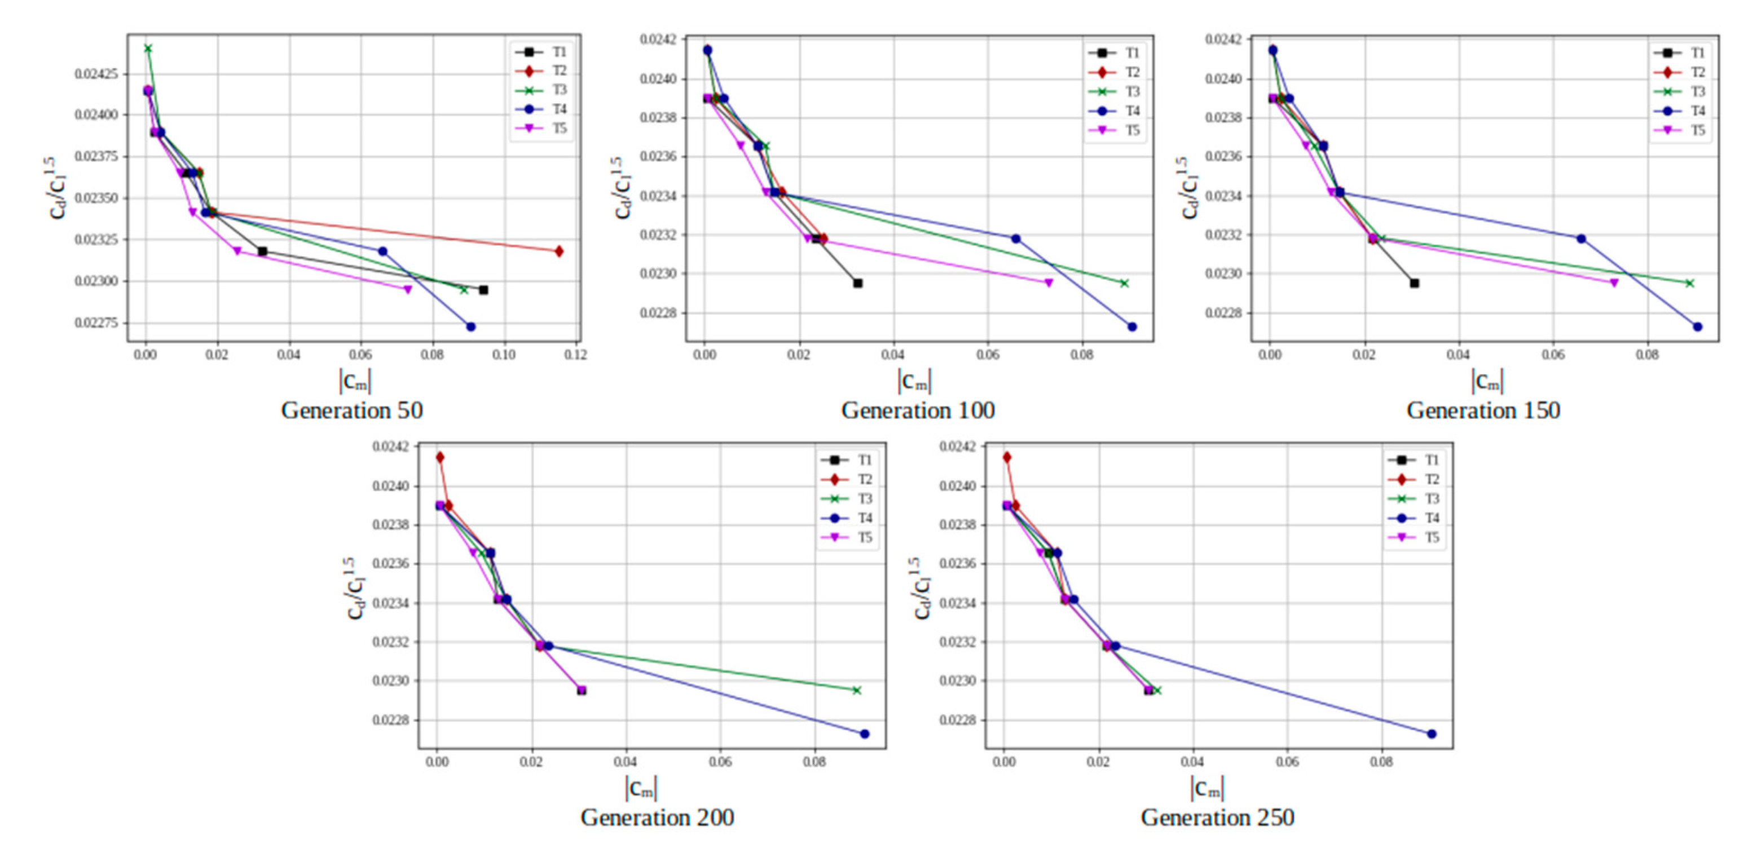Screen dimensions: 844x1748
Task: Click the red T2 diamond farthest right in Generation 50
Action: [559, 251]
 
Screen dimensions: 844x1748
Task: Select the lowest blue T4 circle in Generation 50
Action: [471, 327]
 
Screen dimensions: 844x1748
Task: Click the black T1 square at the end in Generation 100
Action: [858, 284]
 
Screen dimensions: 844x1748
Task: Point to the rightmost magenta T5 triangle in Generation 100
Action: [1049, 283]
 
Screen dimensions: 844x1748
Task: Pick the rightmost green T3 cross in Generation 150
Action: [1690, 284]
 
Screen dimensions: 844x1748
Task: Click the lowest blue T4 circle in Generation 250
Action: [1432, 734]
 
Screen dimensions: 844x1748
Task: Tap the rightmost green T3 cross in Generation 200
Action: [856, 691]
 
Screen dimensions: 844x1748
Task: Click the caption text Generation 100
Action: [917, 410]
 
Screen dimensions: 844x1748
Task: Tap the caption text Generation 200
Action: [657, 818]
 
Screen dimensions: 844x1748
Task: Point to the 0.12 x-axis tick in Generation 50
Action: [576, 355]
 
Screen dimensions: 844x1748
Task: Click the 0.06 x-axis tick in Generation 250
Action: [1287, 762]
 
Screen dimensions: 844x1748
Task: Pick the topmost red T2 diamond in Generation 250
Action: [1007, 457]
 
